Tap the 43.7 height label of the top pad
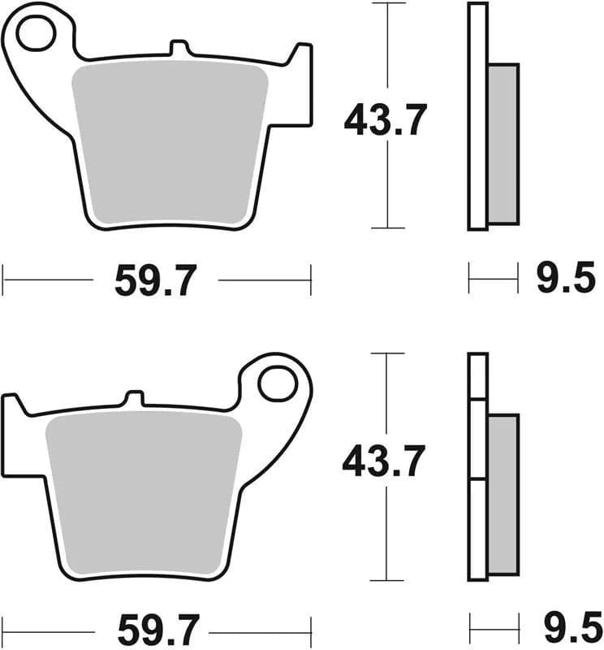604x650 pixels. (x=385, y=121)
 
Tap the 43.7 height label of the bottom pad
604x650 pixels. (x=384, y=463)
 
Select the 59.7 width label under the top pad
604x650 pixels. (x=155, y=281)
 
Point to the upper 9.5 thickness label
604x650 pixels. (x=566, y=281)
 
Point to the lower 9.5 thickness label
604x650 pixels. (x=566, y=627)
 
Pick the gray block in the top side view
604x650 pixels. (x=503, y=144)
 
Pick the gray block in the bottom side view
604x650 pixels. (x=503, y=496)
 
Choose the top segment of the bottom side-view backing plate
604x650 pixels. (x=478, y=375)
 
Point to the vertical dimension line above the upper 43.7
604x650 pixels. (x=389, y=49)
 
